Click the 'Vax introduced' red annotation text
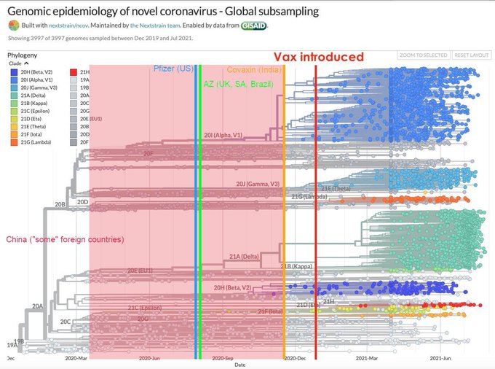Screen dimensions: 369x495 tap(318, 57)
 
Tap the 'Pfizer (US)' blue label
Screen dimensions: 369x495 tap(174, 69)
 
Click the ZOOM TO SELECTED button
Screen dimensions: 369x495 tap(422, 55)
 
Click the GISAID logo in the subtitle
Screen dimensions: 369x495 tap(253, 26)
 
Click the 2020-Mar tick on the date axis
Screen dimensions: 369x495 tap(76, 359)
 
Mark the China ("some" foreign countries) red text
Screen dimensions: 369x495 tap(64, 240)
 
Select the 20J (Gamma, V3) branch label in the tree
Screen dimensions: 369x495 tap(258, 184)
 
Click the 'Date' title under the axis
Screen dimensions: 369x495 tap(239, 365)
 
